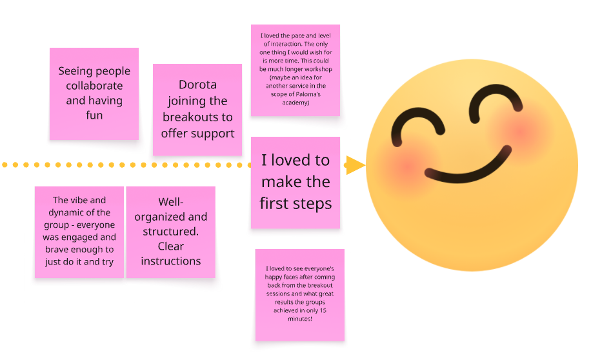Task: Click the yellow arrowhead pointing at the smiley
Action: (x=355, y=165)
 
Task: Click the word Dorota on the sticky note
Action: (x=197, y=85)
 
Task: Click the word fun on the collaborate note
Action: (x=94, y=115)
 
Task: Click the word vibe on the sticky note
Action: (x=79, y=200)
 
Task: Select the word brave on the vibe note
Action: (x=57, y=249)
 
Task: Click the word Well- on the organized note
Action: (x=171, y=202)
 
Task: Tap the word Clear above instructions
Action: (x=171, y=246)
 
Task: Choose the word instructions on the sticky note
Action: (x=171, y=261)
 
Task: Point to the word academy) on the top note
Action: (x=295, y=103)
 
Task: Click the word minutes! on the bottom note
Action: (x=300, y=319)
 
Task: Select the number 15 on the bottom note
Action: (x=323, y=310)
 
